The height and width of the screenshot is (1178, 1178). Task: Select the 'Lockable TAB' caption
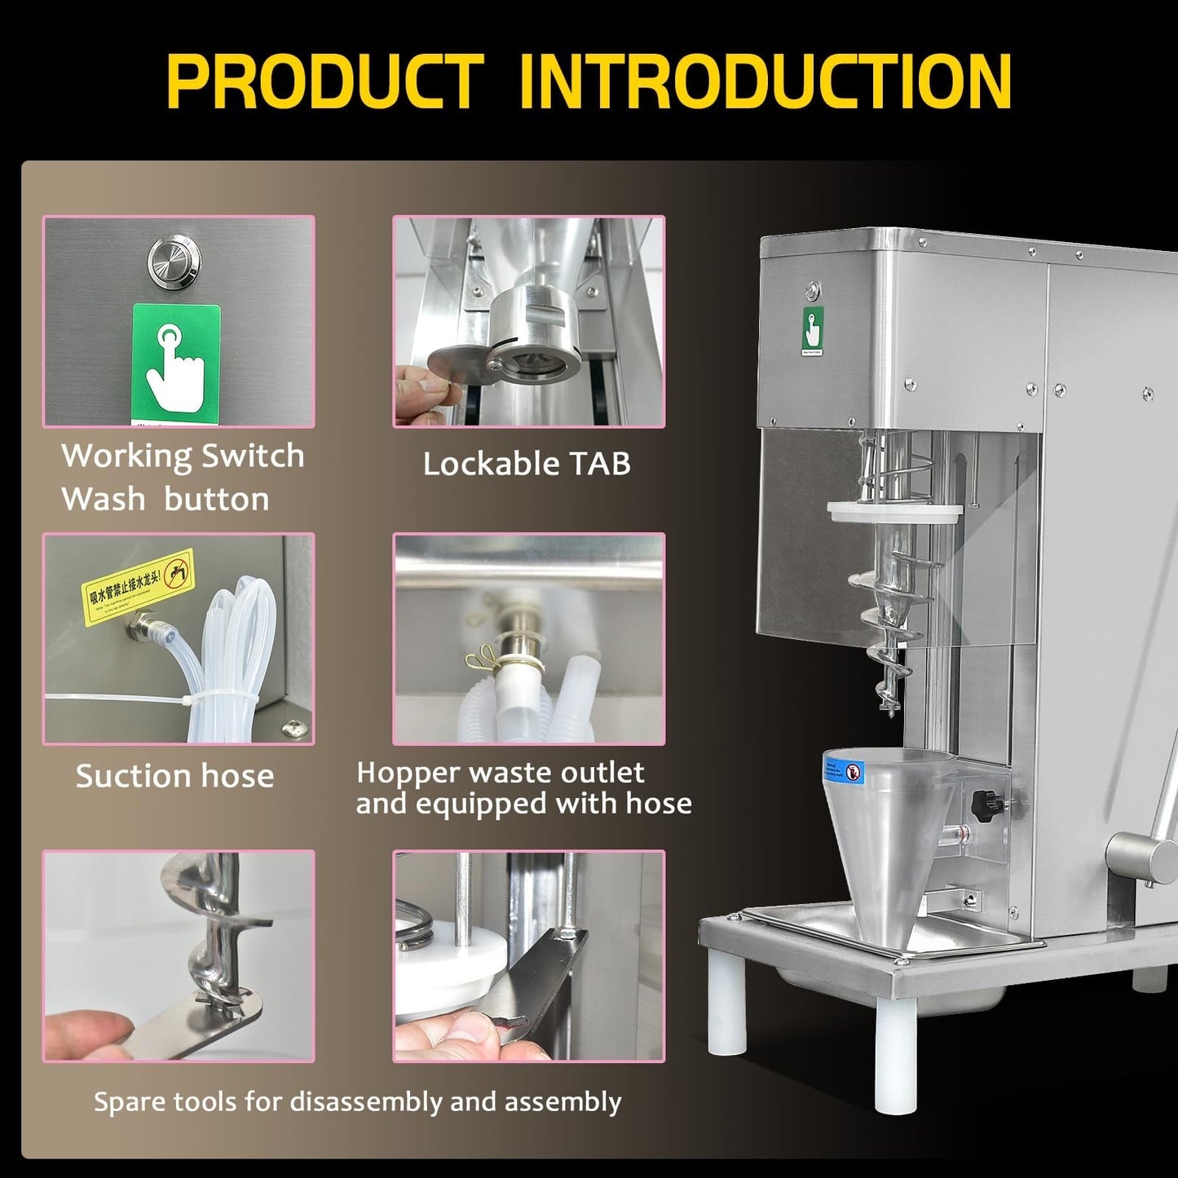tap(527, 464)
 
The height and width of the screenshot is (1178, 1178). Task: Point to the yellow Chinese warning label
tap(139, 585)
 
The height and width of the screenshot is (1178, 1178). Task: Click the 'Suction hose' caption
tap(174, 776)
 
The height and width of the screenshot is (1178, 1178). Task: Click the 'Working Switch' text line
tap(183, 456)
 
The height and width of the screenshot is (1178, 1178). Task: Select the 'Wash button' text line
tap(165, 499)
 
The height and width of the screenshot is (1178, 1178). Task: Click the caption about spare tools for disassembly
tap(357, 1102)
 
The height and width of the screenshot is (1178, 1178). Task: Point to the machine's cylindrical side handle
tap(1141, 855)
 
